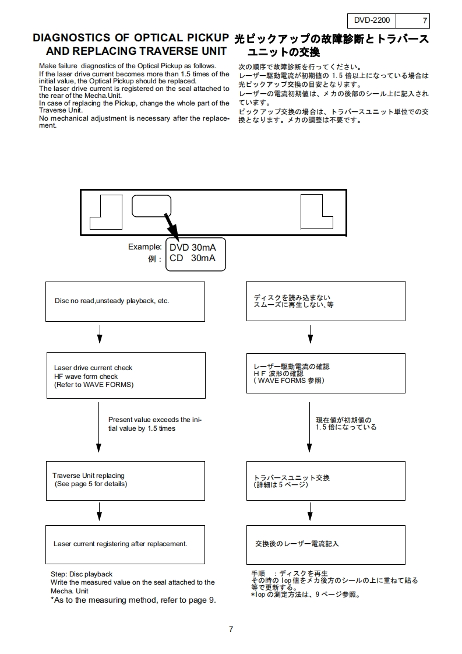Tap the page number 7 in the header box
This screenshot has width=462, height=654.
(x=424, y=21)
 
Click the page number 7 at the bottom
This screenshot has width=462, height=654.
(x=231, y=629)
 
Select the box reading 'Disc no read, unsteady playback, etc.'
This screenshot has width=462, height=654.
(x=125, y=301)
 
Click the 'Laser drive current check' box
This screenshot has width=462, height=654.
(x=125, y=376)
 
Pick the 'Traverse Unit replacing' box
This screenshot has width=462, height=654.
(x=125, y=480)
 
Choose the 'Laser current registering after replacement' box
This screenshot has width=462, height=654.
(x=125, y=544)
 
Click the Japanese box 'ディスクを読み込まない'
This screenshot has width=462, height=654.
(x=326, y=301)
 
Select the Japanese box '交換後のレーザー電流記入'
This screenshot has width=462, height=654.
(x=326, y=544)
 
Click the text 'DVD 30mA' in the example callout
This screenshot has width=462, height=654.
(x=192, y=248)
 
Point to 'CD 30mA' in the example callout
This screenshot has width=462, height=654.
(x=192, y=258)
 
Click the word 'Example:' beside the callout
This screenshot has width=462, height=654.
(x=145, y=247)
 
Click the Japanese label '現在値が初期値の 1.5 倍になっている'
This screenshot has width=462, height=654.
(x=346, y=423)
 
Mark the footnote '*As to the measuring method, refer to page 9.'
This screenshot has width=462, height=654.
(x=133, y=600)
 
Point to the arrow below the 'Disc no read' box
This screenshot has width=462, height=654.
(x=100, y=333)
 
